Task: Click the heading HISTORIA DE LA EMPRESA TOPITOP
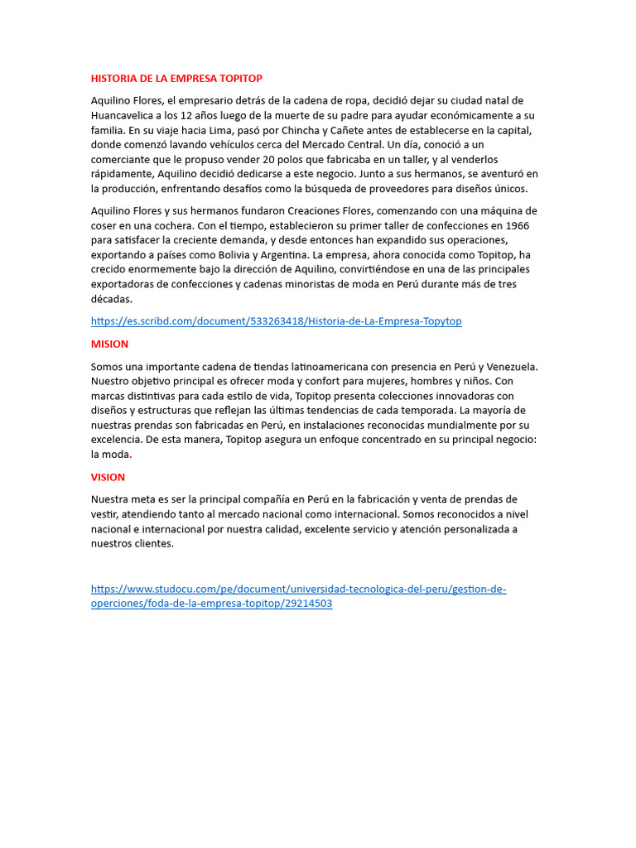click(x=176, y=79)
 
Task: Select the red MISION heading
click(x=109, y=344)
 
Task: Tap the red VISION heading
click(x=108, y=477)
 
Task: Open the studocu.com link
click(x=298, y=590)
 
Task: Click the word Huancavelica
click(x=121, y=115)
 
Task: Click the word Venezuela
click(x=512, y=366)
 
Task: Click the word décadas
click(x=112, y=299)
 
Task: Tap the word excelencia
click(x=117, y=440)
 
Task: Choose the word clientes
click(x=154, y=544)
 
